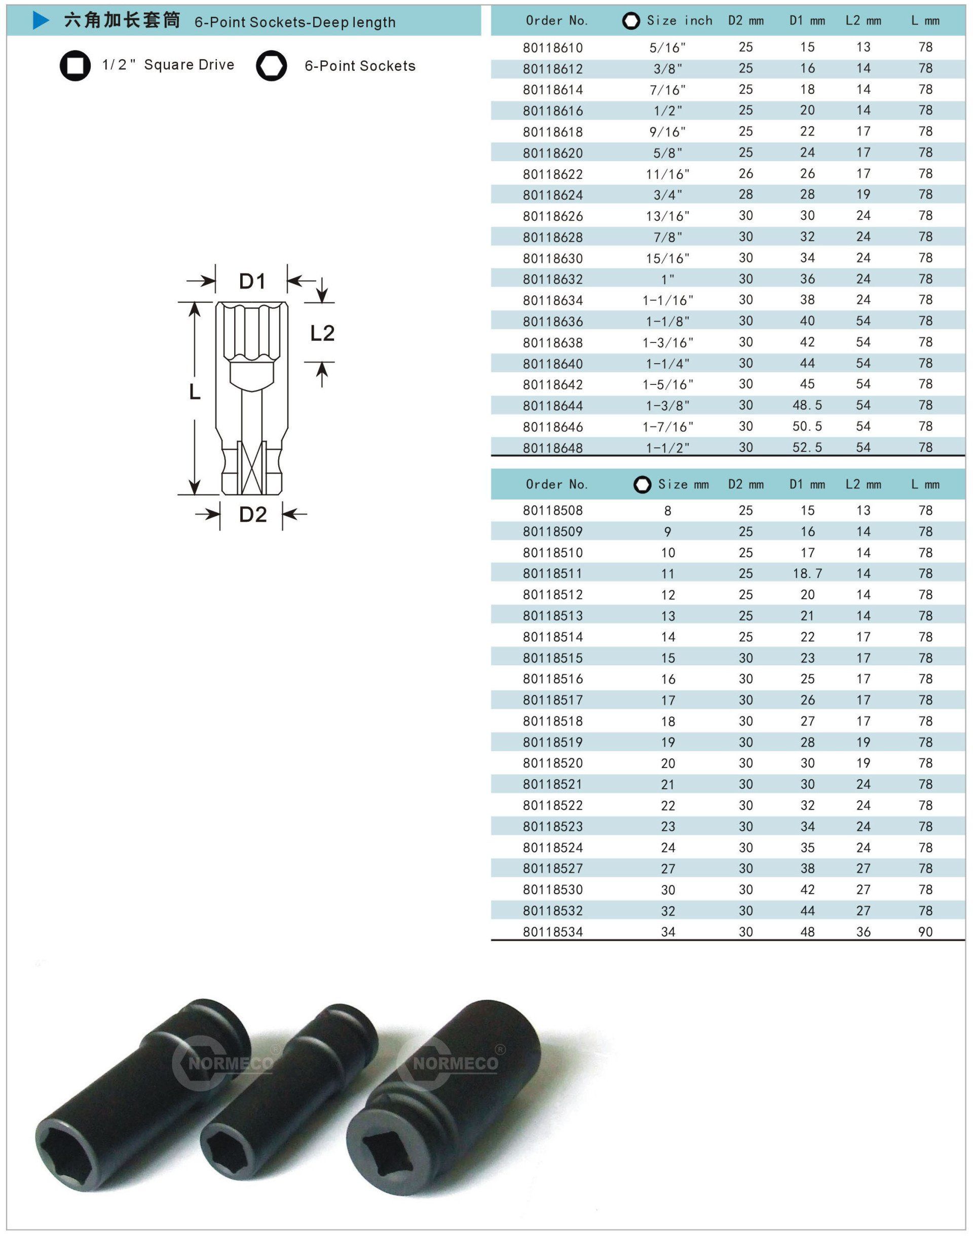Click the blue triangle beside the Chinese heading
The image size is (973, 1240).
[41, 21]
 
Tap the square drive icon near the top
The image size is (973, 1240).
[75, 66]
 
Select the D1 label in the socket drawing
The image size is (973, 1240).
[252, 281]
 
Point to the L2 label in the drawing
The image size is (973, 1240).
[322, 333]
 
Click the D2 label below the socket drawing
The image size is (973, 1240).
[253, 515]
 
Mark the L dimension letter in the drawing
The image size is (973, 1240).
[195, 392]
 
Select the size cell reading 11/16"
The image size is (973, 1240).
[667, 174]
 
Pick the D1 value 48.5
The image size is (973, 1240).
[807, 405]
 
